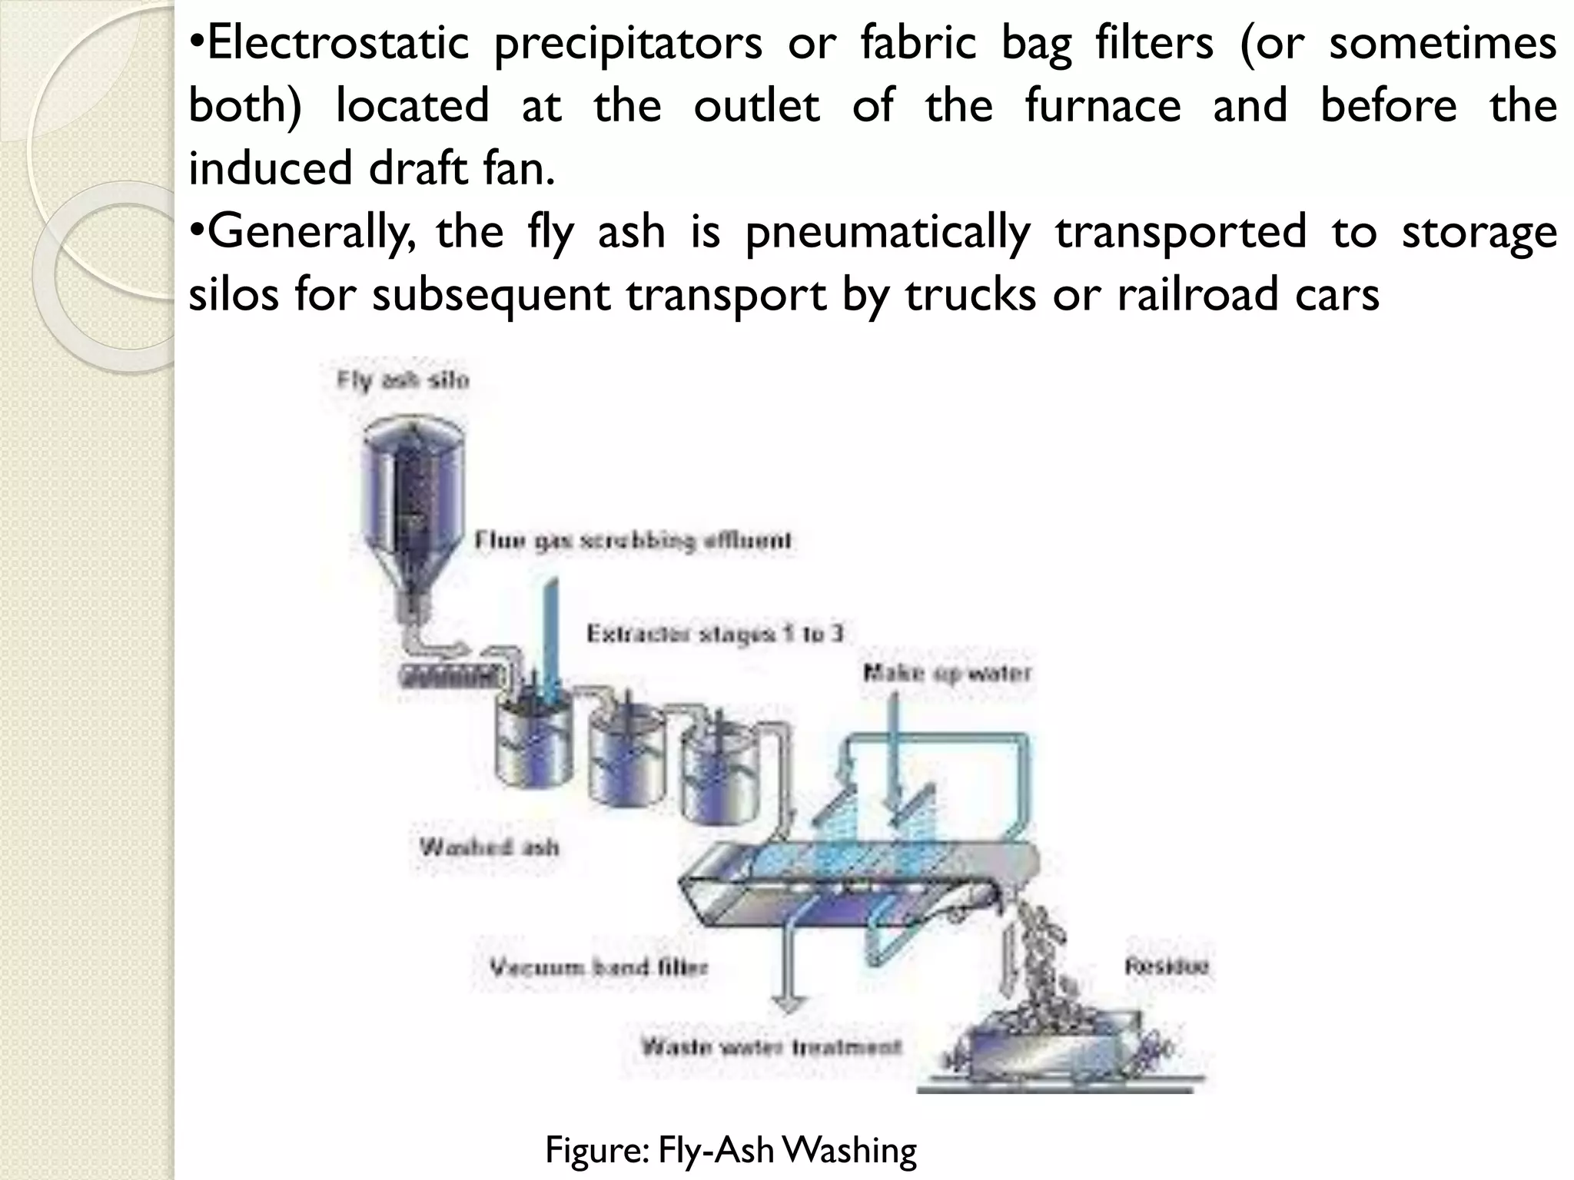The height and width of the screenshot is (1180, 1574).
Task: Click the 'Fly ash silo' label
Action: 403,380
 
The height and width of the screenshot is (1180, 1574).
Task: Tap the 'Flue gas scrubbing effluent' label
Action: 632,541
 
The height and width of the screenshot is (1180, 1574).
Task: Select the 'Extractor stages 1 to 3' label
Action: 715,634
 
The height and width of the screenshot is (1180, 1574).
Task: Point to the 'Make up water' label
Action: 947,674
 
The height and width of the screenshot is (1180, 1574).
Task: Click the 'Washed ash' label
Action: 490,847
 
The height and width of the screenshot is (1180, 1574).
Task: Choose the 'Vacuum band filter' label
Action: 599,967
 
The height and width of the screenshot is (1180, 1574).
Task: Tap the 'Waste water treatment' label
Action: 771,1047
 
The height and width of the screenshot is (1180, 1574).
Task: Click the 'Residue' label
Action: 1167,966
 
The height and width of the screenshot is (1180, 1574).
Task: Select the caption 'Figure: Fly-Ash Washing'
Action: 731,1150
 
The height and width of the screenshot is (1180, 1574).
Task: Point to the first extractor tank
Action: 535,737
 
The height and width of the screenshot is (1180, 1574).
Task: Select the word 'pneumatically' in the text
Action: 888,232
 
